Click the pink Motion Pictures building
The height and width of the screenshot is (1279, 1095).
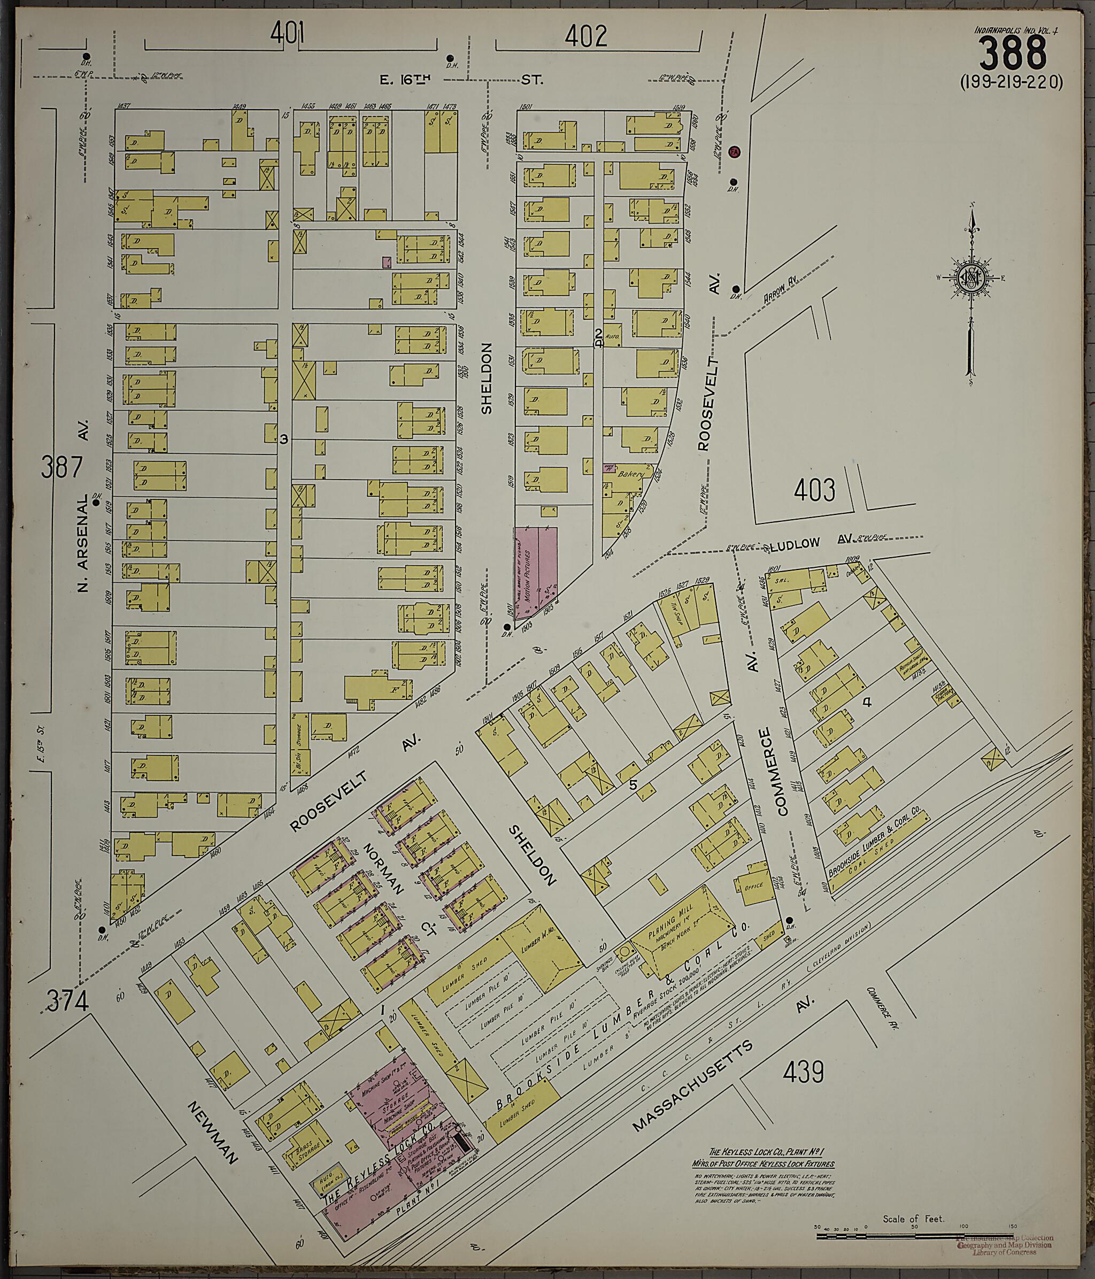(536, 571)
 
